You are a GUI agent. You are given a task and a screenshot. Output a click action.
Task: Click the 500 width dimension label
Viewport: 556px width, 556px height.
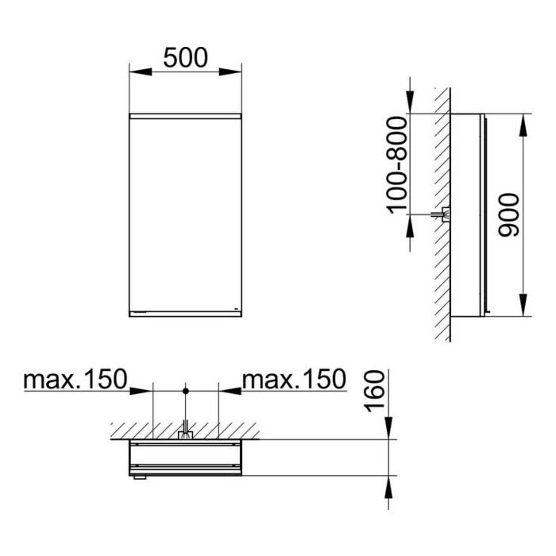click(x=185, y=58)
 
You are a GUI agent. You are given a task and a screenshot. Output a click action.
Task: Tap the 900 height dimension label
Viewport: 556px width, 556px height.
click(x=508, y=215)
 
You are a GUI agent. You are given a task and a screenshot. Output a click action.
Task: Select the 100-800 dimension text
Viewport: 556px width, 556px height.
click(x=397, y=165)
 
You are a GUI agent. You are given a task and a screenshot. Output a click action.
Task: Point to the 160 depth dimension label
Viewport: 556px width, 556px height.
click(x=375, y=391)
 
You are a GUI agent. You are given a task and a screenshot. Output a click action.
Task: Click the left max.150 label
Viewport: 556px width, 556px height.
click(x=75, y=379)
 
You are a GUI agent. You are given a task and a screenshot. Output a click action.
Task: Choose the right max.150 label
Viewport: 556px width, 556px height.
click(x=294, y=379)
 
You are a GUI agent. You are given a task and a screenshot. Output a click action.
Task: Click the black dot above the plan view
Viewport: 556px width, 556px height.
click(x=185, y=391)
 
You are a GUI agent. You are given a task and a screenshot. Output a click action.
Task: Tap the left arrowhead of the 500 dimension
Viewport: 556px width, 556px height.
click(x=141, y=71)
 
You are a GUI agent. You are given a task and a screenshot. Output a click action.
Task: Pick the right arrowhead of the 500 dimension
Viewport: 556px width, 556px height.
click(x=230, y=71)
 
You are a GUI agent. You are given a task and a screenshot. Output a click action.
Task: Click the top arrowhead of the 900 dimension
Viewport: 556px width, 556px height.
click(x=523, y=125)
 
